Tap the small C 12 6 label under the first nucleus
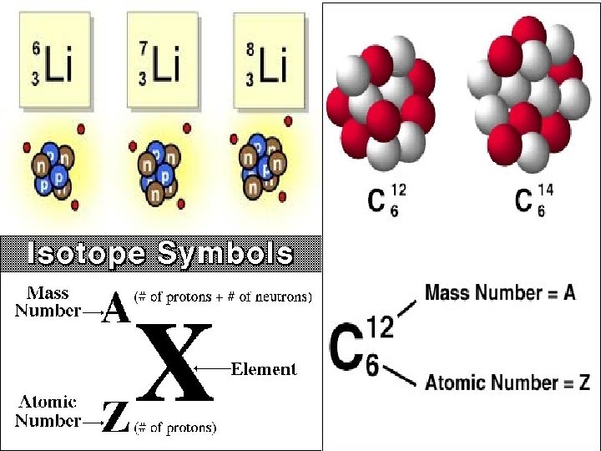point(386,201)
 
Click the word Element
point(264,368)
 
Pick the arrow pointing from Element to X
point(210,368)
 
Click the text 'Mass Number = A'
point(500,292)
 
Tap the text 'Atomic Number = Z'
point(508,383)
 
